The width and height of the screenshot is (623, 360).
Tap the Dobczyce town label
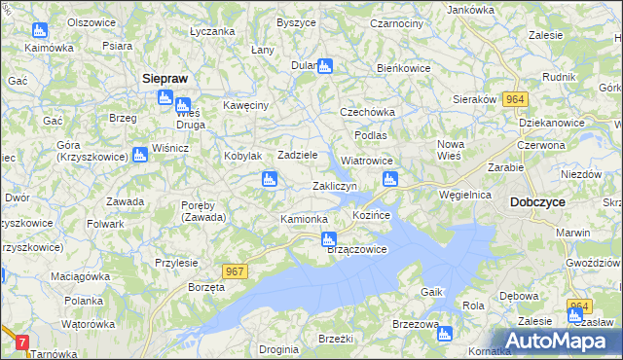pyautogui.click(x=538, y=202)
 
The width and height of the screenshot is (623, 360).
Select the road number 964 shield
pyautogui.click(x=515, y=99)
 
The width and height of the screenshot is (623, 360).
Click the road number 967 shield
pyautogui.click(x=233, y=273)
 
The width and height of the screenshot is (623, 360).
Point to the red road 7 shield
pyautogui.click(x=22, y=342)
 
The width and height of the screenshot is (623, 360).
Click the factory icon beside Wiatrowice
pyautogui.click(x=390, y=178)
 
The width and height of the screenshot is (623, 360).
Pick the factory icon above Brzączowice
pyautogui.click(x=330, y=237)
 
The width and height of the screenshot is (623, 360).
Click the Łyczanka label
pyautogui.click(x=213, y=31)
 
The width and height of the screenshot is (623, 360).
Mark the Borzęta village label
pyautogui.click(x=207, y=288)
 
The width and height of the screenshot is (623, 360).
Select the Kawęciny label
pyautogui.click(x=244, y=105)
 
